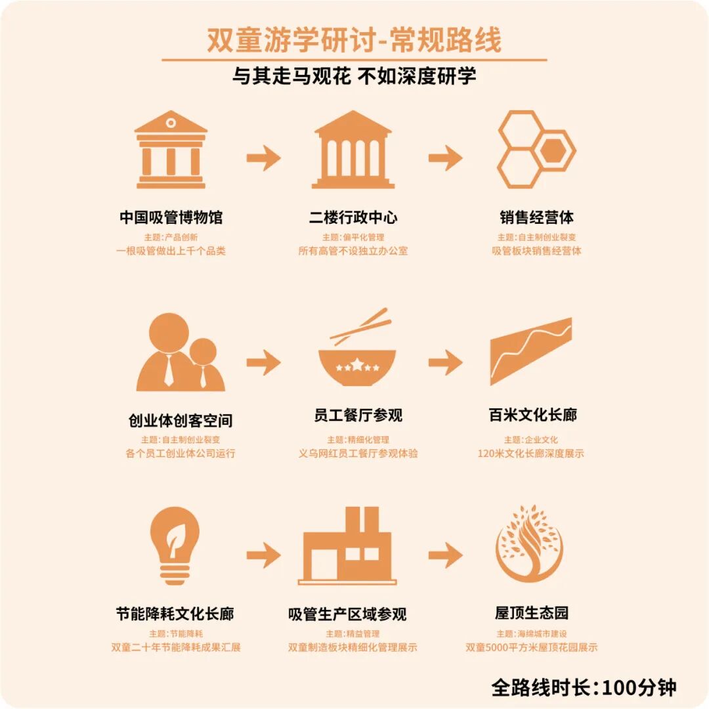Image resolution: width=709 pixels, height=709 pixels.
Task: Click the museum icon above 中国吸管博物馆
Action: coord(171,150)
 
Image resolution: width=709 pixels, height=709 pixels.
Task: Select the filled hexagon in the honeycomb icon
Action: coord(554,150)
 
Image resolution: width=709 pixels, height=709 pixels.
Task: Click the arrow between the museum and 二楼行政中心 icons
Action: coord(263,158)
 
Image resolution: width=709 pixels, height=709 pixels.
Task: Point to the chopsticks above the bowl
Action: coord(360,326)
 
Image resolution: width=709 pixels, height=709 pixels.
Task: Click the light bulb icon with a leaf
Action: coord(174,545)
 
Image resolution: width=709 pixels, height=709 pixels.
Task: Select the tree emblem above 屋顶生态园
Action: coord(528,544)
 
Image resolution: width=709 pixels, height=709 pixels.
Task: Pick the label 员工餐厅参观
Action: coord(358,416)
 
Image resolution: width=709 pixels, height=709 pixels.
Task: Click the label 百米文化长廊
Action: coord(532,416)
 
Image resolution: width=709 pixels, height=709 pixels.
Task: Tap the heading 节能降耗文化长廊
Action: coord(175,614)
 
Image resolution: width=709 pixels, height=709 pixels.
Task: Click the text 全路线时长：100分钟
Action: coord(584,687)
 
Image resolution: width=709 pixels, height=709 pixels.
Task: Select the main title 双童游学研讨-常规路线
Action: coord(354,41)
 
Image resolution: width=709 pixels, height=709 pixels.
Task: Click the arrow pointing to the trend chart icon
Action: coord(445,362)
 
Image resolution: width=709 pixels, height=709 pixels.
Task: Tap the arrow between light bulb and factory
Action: coord(263,555)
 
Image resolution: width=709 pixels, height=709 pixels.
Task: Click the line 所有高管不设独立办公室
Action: coord(353,251)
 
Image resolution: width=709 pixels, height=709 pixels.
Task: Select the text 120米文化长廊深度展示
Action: coord(530,454)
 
